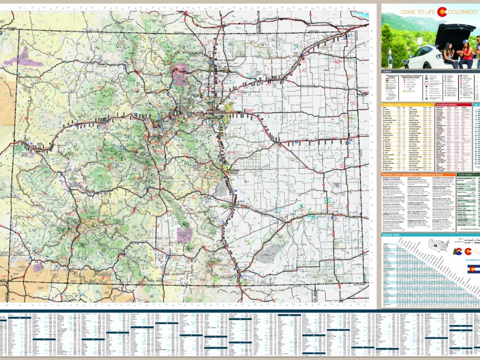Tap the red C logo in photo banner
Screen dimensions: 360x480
pyautogui.click(x=442, y=11)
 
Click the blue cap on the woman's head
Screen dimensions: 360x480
pyautogui.click(x=465, y=41)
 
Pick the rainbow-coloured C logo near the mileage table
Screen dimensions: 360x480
pyautogui.click(x=458, y=251)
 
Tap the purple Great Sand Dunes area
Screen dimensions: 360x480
pyautogui.click(x=184, y=235)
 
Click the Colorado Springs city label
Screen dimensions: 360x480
pyautogui.click(x=231, y=170)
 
